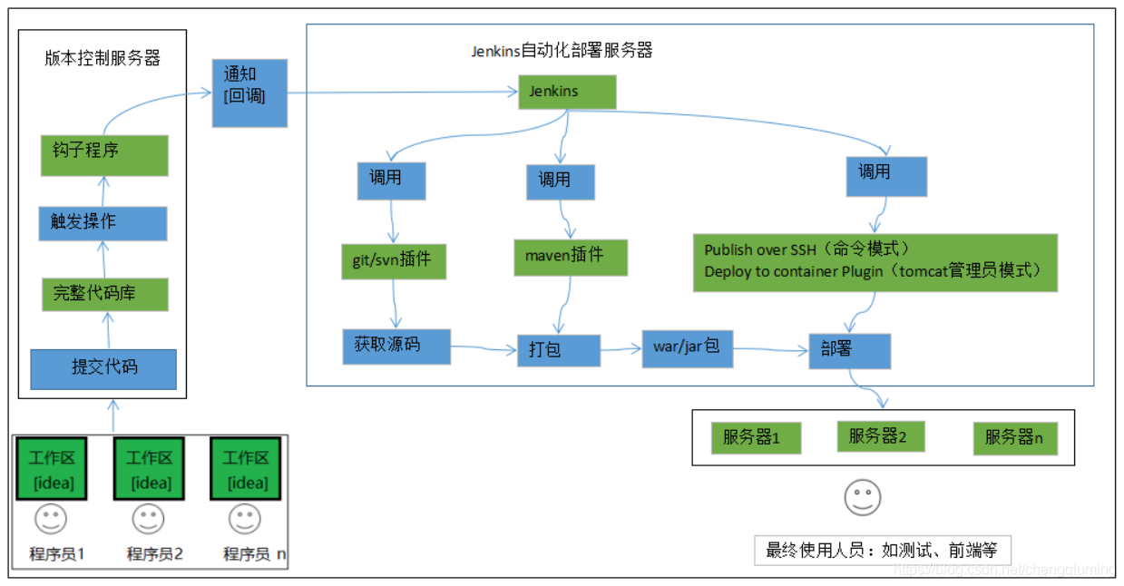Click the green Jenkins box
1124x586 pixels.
[x=567, y=93]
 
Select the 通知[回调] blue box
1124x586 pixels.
[x=249, y=93]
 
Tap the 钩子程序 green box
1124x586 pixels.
[x=104, y=155]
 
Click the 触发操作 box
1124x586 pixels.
[x=103, y=223]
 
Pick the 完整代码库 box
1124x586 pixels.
[x=105, y=295]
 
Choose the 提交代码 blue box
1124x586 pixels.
[x=103, y=369]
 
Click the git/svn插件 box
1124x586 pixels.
[x=394, y=260]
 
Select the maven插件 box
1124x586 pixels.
[x=571, y=257]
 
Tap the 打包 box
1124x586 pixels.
[x=559, y=350]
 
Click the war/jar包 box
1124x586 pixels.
[x=688, y=348]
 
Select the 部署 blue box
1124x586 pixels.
[x=849, y=351]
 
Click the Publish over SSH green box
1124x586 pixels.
[x=875, y=262]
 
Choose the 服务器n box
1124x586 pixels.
[x=1015, y=439]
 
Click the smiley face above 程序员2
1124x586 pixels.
[x=148, y=520]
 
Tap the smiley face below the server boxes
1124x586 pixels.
[x=863, y=497]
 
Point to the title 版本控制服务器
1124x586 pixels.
[x=103, y=59]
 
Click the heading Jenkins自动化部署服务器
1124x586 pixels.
[x=562, y=51]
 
